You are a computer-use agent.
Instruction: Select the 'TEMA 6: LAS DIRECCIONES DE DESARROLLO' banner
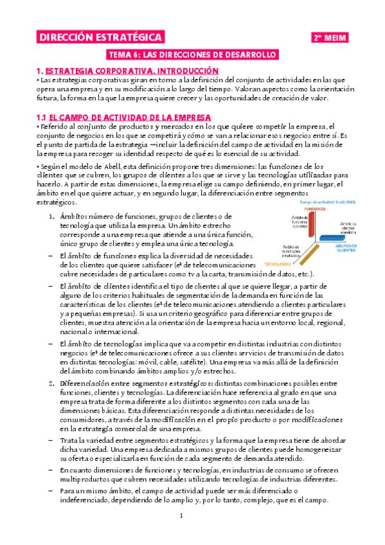(193, 56)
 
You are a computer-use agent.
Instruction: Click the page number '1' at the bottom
(182, 516)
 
